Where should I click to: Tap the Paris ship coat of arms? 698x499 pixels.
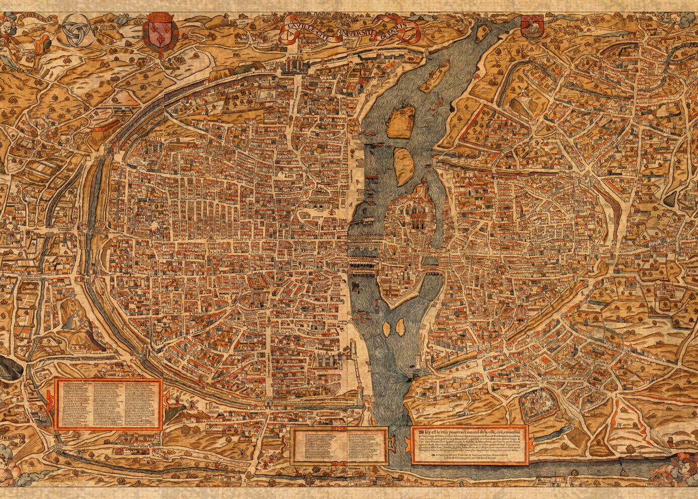(533, 26)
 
